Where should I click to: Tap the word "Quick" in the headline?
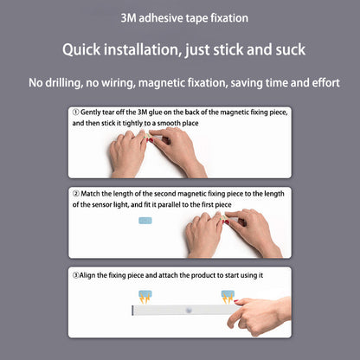(x=81, y=49)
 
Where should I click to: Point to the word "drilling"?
(x=63, y=83)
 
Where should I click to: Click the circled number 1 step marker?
(x=75, y=112)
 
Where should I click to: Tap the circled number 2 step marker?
(x=76, y=194)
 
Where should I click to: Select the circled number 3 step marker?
(x=75, y=275)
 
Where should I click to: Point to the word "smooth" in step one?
(x=169, y=123)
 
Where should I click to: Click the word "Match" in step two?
(x=90, y=194)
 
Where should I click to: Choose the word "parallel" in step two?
(x=169, y=205)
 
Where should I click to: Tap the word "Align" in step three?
(x=87, y=275)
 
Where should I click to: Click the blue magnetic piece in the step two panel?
(x=145, y=221)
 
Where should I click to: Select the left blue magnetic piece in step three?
(x=145, y=294)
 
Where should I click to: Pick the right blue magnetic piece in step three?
(x=228, y=294)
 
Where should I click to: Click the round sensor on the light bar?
(x=189, y=311)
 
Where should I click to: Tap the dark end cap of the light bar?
(x=132, y=311)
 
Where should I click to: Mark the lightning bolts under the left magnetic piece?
(x=145, y=299)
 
